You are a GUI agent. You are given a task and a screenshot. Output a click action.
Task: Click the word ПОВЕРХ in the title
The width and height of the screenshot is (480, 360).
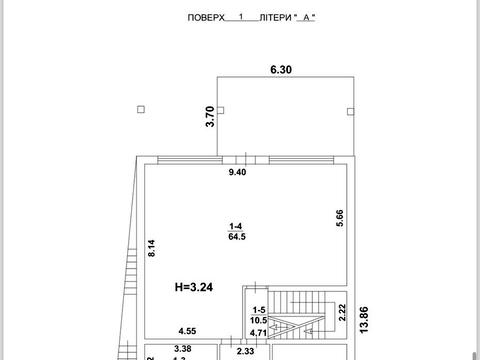[x=206, y=18]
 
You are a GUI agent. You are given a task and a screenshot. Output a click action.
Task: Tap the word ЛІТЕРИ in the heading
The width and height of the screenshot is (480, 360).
[x=275, y=18]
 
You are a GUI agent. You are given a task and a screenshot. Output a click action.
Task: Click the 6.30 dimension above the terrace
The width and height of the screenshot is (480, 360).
[x=281, y=70]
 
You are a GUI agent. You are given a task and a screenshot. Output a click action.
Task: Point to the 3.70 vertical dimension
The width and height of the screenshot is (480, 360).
[x=210, y=116]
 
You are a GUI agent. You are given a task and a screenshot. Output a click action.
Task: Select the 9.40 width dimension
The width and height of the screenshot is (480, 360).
[x=237, y=172]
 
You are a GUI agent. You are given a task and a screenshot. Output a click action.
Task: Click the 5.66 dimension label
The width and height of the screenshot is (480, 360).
[x=340, y=218]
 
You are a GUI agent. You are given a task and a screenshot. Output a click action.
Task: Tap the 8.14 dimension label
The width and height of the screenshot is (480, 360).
[x=152, y=248]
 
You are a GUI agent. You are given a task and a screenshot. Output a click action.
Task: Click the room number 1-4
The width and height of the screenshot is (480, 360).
[x=236, y=226]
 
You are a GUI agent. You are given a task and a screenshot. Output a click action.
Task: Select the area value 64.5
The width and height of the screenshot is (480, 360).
[x=237, y=237]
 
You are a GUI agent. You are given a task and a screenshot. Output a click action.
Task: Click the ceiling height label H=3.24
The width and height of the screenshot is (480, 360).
[x=194, y=287]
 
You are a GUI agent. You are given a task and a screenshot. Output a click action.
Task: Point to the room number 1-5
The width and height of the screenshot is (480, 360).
[x=259, y=310]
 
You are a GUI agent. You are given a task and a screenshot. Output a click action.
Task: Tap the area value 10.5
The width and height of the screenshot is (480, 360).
[x=259, y=320]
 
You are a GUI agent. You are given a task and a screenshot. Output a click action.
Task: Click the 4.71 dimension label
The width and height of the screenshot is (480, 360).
[x=258, y=333]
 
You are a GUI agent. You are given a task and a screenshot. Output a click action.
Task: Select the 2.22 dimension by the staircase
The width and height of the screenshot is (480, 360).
[x=342, y=313]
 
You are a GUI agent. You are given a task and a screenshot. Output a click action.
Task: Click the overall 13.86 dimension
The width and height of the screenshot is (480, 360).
[x=364, y=319]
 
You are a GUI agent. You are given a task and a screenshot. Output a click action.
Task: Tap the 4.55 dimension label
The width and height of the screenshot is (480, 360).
[x=187, y=331]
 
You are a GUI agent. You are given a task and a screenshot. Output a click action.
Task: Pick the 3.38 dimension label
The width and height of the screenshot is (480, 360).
[x=183, y=349]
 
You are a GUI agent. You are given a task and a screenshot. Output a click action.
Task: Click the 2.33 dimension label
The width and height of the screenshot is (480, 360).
[x=245, y=351]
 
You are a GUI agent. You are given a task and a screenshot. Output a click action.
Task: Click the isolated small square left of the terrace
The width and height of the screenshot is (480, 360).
[x=141, y=109]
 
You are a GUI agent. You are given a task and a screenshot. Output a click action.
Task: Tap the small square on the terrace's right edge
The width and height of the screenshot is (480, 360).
[x=351, y=111]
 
